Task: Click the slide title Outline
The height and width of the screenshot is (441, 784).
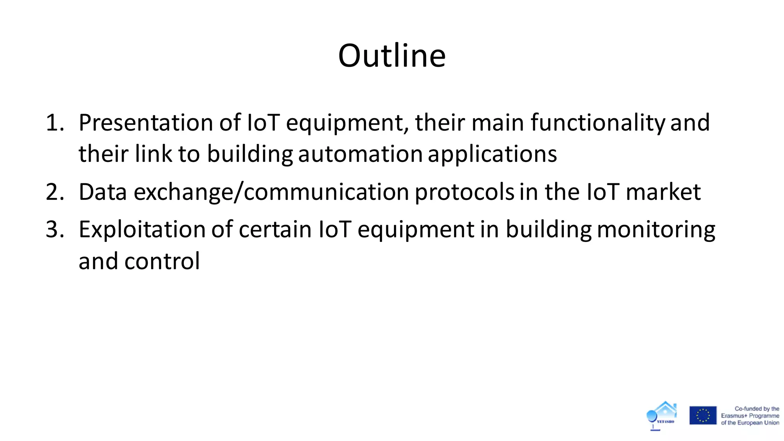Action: pyautogui.click(x=392, y=56)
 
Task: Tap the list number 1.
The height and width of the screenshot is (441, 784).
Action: pyautogui.click(x=55, y=123)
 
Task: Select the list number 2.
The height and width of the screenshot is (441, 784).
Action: pyautogui.click(x=55, y=192)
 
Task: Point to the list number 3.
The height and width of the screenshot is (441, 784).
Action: pyautogui.click(x=55, y=230)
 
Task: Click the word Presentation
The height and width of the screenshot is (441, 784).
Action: pyautogui.click(x=146, y=123)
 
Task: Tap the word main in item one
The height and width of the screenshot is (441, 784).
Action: pyautogui.click(x=498, y=123)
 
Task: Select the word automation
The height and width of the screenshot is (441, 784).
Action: pyautogui.click(x=360, y=154)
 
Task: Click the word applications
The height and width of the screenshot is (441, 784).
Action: pyautogui.click(x=492, y=154)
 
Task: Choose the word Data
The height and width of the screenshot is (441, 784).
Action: pyautogui.click(x=103, y=192)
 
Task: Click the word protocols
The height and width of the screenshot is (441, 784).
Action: pyautogui.click(x=464, y=192)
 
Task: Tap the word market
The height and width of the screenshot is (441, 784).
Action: pyautogui.click(x=663, y=192)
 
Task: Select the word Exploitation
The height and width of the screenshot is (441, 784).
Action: pyautogui.click(x=142, y=230)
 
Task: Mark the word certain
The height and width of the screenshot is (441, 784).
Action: pyautogui.click(x=275, y=230)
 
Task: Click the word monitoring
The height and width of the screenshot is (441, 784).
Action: pyautogui.click(x=656, y=230)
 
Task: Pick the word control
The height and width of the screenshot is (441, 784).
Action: pyautogui.click(x=162, y=261)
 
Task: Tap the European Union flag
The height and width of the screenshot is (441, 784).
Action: pyautogui.click(x=703, y=415)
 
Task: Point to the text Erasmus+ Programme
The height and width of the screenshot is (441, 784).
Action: pyautogui.click(x=750, y=416)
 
